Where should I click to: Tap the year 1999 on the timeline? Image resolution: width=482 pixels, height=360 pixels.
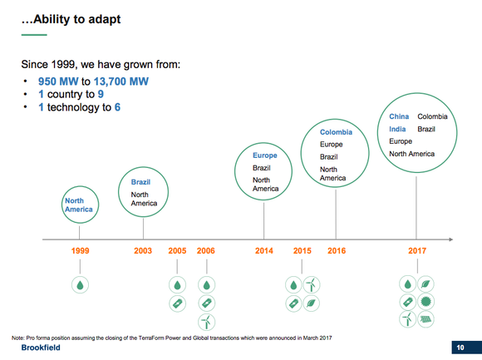80,250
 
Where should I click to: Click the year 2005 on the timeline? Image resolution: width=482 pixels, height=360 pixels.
177,250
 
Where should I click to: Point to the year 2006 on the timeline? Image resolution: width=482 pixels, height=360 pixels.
206,250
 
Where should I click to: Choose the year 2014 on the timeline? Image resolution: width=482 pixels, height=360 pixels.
263,250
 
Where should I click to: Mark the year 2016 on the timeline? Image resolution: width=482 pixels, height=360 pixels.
337,250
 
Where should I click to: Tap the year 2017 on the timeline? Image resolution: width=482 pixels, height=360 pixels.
416,250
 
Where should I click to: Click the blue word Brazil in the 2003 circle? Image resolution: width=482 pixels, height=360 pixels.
140,181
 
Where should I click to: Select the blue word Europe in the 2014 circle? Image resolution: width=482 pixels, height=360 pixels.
264,155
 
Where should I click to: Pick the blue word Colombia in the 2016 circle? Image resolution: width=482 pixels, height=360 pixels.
337,131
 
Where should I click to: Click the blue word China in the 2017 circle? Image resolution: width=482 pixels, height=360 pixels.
399,117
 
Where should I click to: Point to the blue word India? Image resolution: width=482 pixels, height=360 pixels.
396,129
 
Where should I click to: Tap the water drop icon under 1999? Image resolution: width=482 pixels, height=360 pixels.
80,284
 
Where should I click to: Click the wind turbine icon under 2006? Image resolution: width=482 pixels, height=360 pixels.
206,320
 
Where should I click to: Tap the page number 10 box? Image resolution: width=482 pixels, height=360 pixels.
460,347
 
